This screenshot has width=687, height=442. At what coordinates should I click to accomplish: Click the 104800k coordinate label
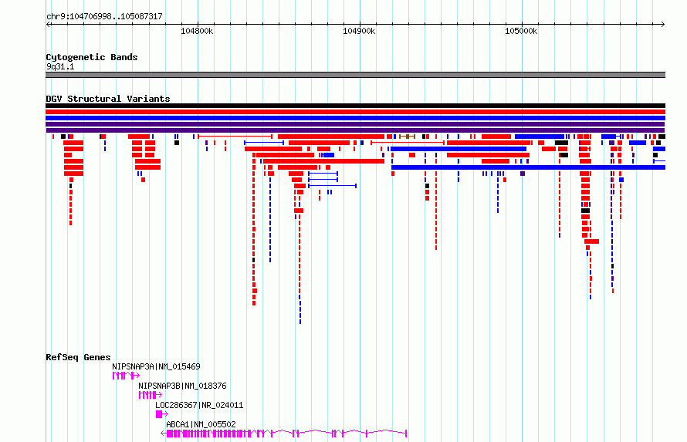[197, 31]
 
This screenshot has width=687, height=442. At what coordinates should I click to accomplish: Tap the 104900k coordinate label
[359, 31]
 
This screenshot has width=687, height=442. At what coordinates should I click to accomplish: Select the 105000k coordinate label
[521, 31]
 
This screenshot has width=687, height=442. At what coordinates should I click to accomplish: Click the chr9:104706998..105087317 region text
[104, 17]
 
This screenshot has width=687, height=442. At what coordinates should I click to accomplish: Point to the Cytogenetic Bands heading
[92, 57]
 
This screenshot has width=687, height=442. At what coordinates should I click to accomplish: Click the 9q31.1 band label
[60, 66]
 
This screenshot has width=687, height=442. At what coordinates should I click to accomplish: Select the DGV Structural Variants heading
[108, 99]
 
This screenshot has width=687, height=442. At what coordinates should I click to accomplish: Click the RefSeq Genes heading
[78, 357]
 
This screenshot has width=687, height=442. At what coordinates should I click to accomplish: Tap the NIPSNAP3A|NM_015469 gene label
[156, 366]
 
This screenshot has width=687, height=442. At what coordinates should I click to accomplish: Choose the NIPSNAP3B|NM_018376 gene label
[182, 386]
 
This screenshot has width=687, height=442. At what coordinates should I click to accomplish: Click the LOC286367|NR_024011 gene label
[199, 405]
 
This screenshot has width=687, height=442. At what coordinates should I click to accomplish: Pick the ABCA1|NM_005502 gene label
[201, 424]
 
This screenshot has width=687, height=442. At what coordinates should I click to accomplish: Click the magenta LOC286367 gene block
[160, 414]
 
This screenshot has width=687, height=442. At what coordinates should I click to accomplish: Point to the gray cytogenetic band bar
[355, 75]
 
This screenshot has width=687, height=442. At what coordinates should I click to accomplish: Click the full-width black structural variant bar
[355, 106]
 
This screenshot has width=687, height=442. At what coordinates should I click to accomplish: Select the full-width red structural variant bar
[355, 112]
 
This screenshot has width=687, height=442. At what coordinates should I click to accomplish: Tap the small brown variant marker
[407, 137]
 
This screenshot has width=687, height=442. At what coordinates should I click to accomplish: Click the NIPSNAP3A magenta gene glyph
[126, 376]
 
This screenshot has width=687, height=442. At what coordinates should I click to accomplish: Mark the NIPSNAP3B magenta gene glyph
[151, 395]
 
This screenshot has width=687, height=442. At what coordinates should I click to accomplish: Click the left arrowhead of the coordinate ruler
[48, 25]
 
